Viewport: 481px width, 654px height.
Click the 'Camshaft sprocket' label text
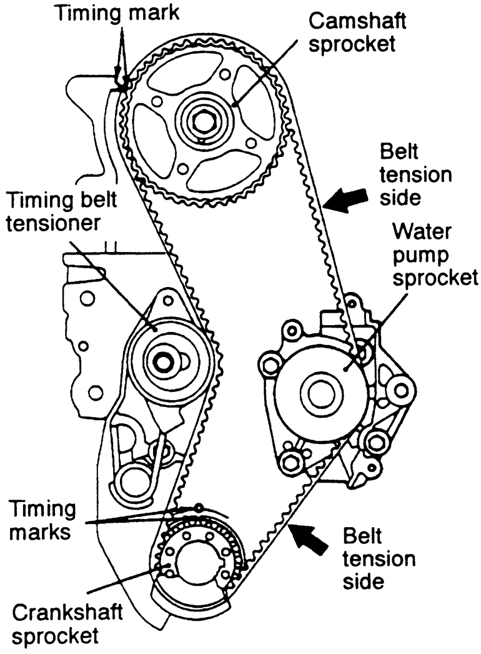coord(357,33)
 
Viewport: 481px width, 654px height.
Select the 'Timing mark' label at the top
coord(118,13)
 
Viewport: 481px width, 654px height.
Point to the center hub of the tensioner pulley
coord(162,361)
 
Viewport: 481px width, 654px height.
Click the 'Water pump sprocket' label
coord(435,254)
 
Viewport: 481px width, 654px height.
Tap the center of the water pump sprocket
coord(321,394)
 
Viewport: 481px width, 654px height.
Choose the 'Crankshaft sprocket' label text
coord(67,625)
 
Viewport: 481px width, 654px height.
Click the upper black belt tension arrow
coord(345,200)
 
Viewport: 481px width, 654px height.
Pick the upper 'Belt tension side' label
coord(415,175)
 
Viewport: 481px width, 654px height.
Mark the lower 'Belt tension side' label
coord(379,559)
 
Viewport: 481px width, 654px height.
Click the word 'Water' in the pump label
coord(422,231)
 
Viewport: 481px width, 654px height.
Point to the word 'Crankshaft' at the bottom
coord(67,613)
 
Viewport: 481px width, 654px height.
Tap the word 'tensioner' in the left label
coord(53,223)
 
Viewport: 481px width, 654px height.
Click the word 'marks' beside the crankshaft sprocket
coord(40,532)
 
